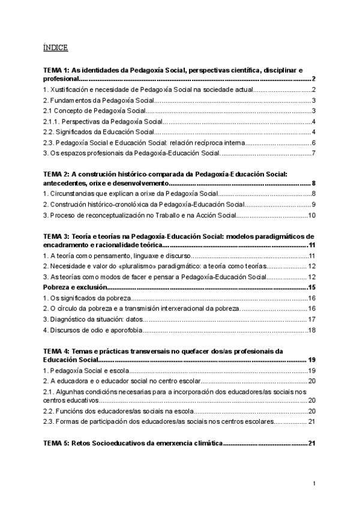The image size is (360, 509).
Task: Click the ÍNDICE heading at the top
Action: (x=55, y=47)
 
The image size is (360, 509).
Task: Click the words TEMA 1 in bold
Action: (x=56, y=70)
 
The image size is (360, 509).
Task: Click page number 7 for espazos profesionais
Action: (x=313, y=154)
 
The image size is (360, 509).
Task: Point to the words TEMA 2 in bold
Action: (x=56, y=173)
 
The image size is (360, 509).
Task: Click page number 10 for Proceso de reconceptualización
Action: (x=311, y=215)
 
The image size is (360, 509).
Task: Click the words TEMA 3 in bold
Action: (x=56, y=236)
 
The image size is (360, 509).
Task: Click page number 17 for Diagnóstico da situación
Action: (x=311, y=319)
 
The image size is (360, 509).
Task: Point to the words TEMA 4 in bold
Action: (x=56, y=351)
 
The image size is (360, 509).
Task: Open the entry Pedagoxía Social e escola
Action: (x=86, y=370)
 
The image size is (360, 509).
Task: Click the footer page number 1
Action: (x=314, y=483)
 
